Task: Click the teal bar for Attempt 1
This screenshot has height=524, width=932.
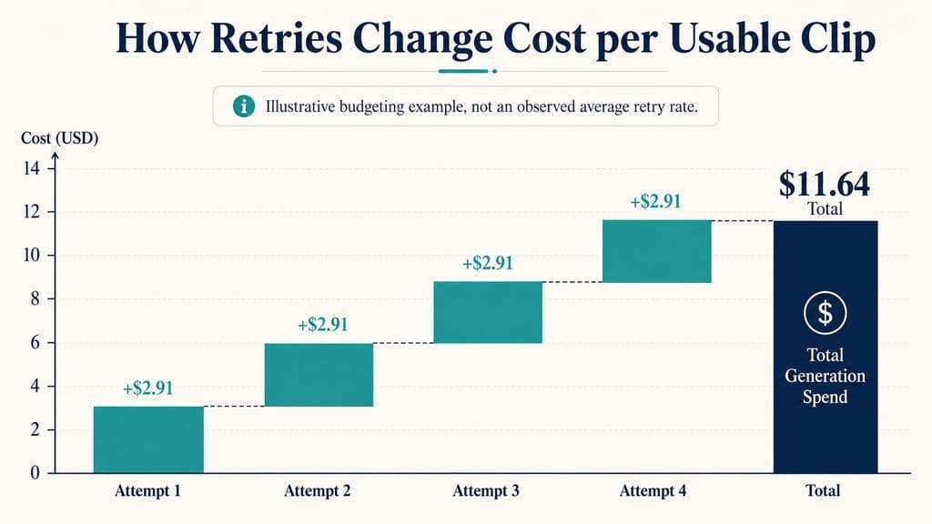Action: click(148, 439)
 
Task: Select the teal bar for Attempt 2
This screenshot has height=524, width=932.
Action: click(319, 375)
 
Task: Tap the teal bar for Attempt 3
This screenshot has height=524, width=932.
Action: click(488, 313)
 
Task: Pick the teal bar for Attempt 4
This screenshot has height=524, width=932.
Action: click(657, 251)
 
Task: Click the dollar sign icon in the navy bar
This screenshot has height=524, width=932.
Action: click(825, 313)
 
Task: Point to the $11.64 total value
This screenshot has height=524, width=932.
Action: click(825, 184)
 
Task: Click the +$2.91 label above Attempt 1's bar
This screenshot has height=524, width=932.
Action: click(148, 388)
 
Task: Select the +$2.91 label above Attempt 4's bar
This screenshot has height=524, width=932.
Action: click(655, 201)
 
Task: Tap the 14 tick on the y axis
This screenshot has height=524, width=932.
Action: click(32, 168)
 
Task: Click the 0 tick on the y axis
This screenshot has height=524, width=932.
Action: click(35, 473)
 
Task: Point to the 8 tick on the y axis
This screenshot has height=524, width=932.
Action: click(35, 298)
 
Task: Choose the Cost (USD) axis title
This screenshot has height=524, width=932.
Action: click(59, 138)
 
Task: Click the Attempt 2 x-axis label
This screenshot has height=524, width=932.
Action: click(318, 490)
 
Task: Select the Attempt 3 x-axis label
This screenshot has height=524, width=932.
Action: click(486, 490)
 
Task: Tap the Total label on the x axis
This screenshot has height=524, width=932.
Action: click(823, 490)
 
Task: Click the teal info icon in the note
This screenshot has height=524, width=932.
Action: click(244, 106)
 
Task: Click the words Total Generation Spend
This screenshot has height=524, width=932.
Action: click(825, 376)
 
